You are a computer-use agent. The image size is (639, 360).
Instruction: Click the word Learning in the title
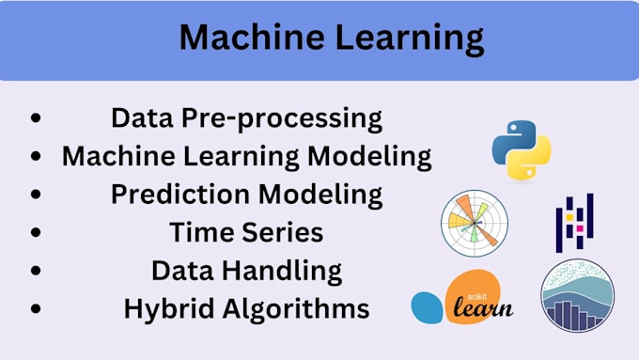coord(406,39)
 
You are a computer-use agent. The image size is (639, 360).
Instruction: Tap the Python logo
coord(521,149)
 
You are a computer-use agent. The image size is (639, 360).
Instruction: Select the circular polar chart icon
coord(474,223)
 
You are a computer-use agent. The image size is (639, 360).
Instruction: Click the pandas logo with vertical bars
coord(575,223)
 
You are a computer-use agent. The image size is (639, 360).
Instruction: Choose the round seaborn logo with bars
coord(577,295)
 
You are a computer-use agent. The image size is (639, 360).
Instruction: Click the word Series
coord(285,232)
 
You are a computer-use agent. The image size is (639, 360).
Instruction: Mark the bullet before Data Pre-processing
coord(36,119)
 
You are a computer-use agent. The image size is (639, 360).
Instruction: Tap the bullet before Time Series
coord(36,232)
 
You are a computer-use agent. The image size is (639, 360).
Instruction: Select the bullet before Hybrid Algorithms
coord(36,308)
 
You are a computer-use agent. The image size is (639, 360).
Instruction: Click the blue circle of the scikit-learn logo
coord(428,307)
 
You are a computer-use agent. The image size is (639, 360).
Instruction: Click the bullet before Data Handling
coord(36,271)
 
